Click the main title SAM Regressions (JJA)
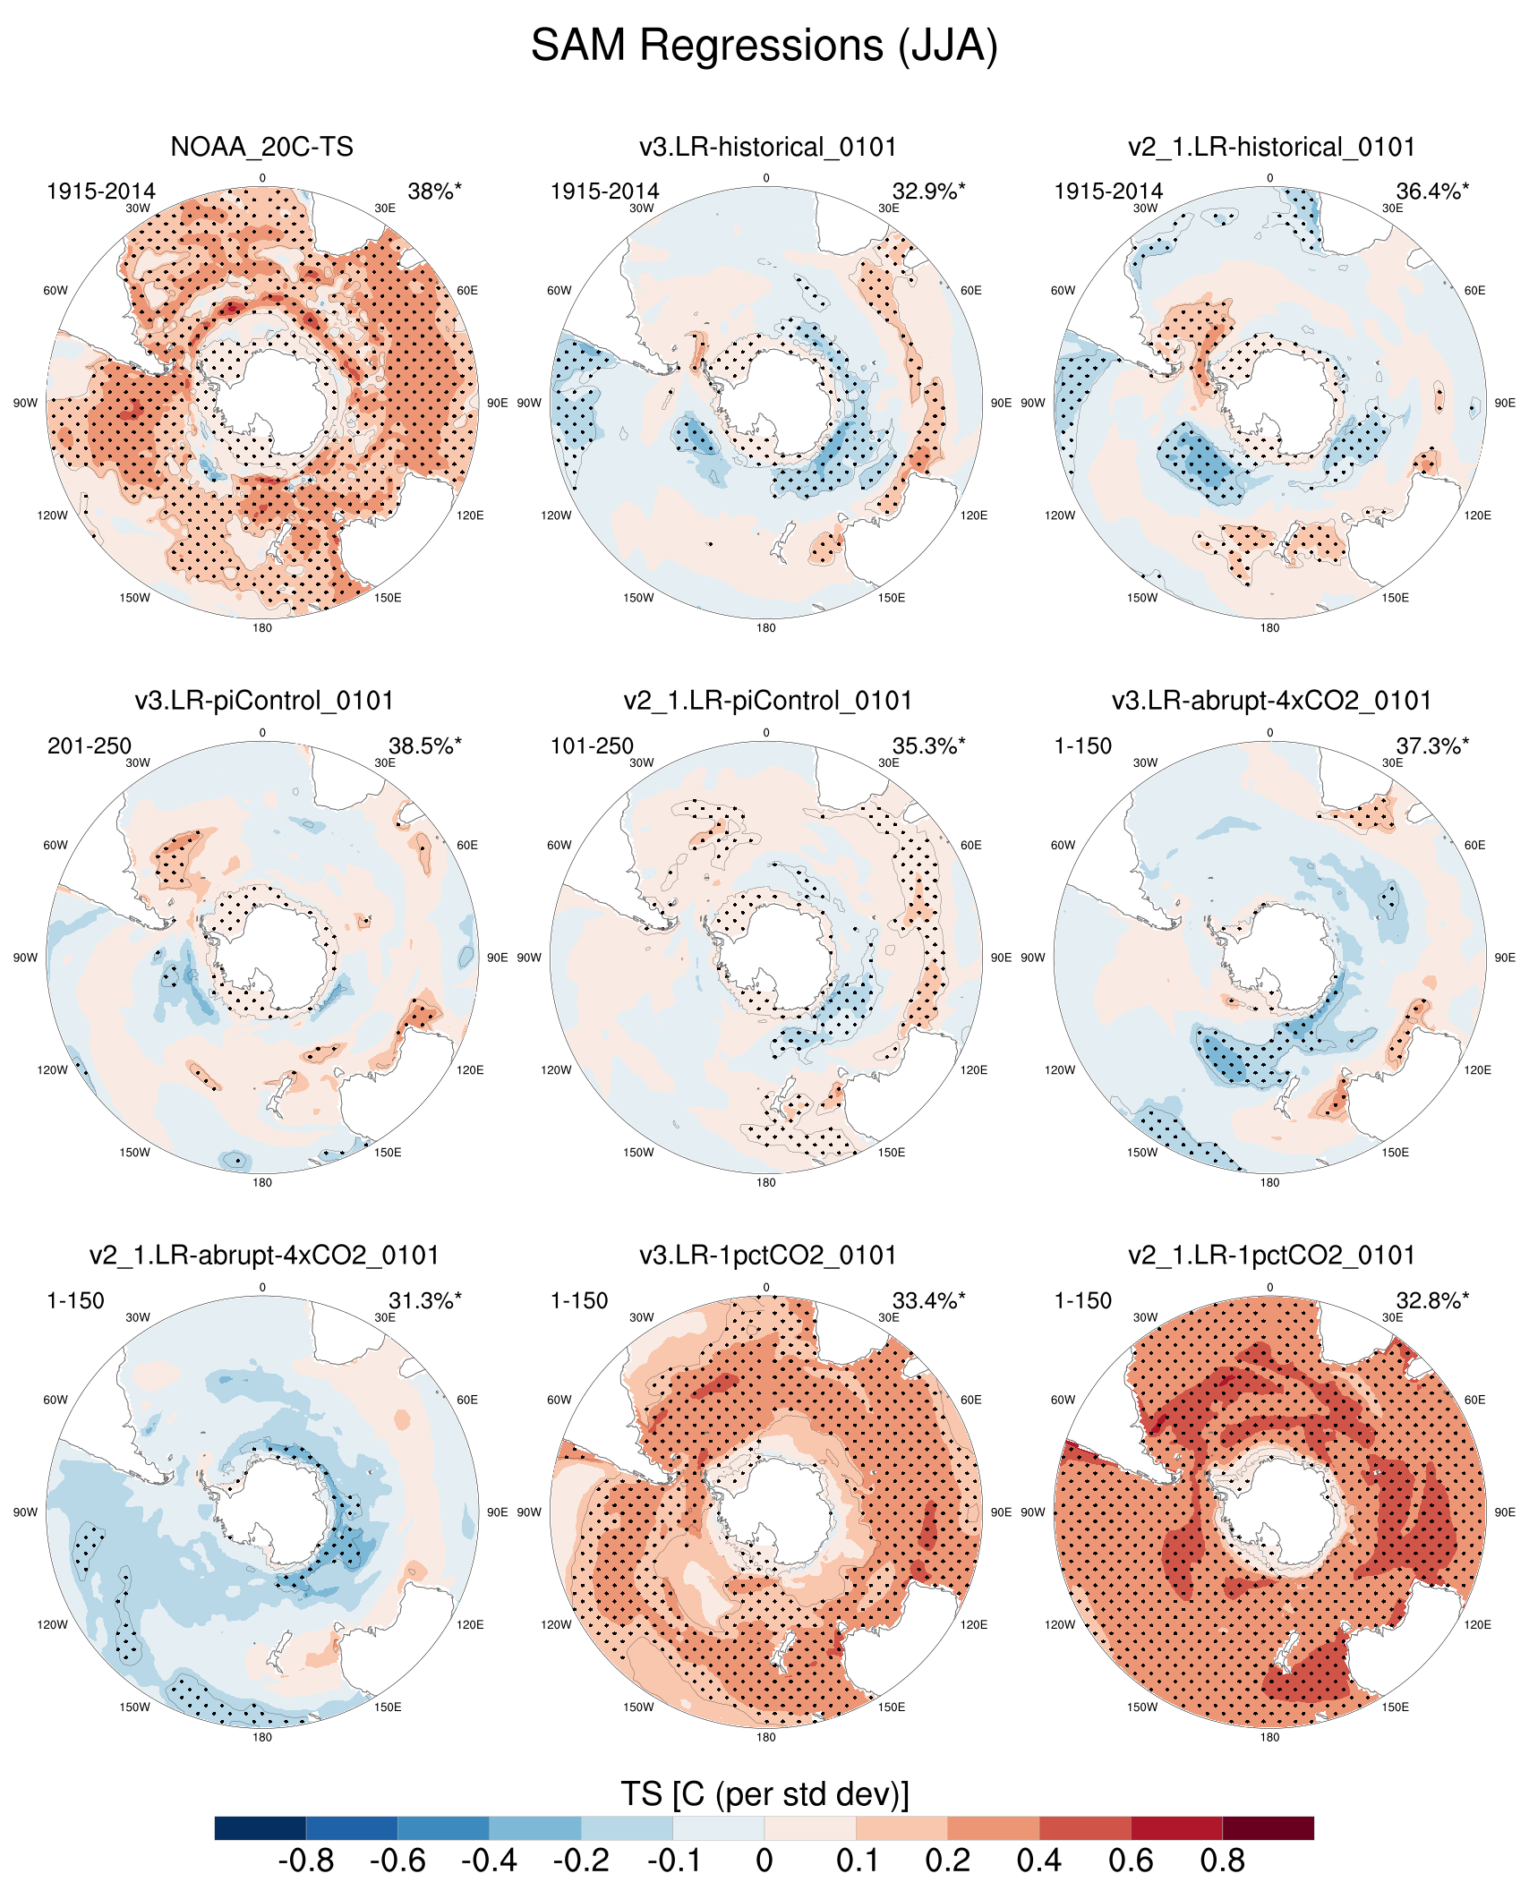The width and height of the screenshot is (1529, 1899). (x=764, y=46)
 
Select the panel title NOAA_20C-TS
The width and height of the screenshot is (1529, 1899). (x=261, y=147)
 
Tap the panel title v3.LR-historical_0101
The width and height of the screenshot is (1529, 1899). (x=767, y=147)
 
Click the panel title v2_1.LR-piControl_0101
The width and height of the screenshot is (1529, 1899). (x=767, y=701)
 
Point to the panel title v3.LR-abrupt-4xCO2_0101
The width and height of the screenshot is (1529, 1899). (x=1271, y=701)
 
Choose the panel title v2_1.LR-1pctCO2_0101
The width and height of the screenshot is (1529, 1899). (x=1271, y=1256)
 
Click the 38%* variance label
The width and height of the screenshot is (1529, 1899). (x=434, y=192)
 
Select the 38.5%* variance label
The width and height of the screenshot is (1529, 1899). (x=425, y=746)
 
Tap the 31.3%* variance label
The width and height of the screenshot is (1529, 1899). (x=425, y=1301)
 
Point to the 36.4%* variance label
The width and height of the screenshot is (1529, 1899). (x=1432, y=192)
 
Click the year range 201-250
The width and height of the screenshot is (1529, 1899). (x=90, y=746)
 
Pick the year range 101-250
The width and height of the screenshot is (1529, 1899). (x=592, y=746)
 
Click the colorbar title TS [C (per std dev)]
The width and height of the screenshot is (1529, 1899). (x=764, y=1794)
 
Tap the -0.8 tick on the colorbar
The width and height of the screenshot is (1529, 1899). (x=306, y=1861)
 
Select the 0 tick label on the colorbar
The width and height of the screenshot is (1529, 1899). (x=764, y=1861)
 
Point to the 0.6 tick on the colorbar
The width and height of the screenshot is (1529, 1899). (x=1131, y=1861)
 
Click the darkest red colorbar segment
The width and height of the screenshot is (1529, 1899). (x=1268, y=1828)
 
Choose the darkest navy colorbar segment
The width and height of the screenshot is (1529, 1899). (x=261, y=1828)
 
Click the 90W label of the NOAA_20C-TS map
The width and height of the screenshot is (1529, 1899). (x=25, y=403)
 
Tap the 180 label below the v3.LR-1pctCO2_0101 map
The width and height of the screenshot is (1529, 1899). (x=765, y=1737)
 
